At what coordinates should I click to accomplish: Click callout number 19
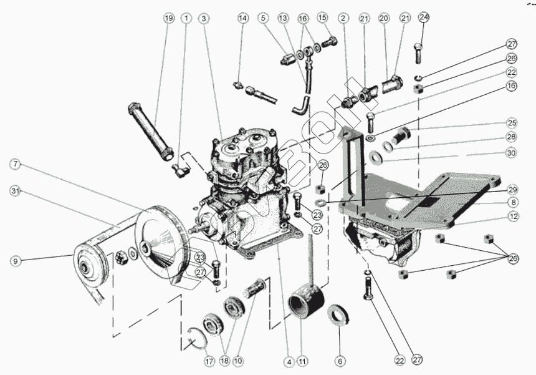tap(168, 18)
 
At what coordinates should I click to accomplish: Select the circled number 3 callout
tap(203, 18)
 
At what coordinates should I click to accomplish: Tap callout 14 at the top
tap(242, 18)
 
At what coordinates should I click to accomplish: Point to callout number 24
tap(424, 17)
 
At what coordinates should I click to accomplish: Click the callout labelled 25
tap(512, 123)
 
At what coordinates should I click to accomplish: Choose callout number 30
tap(512, 153)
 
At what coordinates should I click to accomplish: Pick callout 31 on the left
tap(16, 190)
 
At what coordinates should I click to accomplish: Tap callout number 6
tap(340, 361)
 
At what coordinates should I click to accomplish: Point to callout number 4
tap(289, 361)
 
